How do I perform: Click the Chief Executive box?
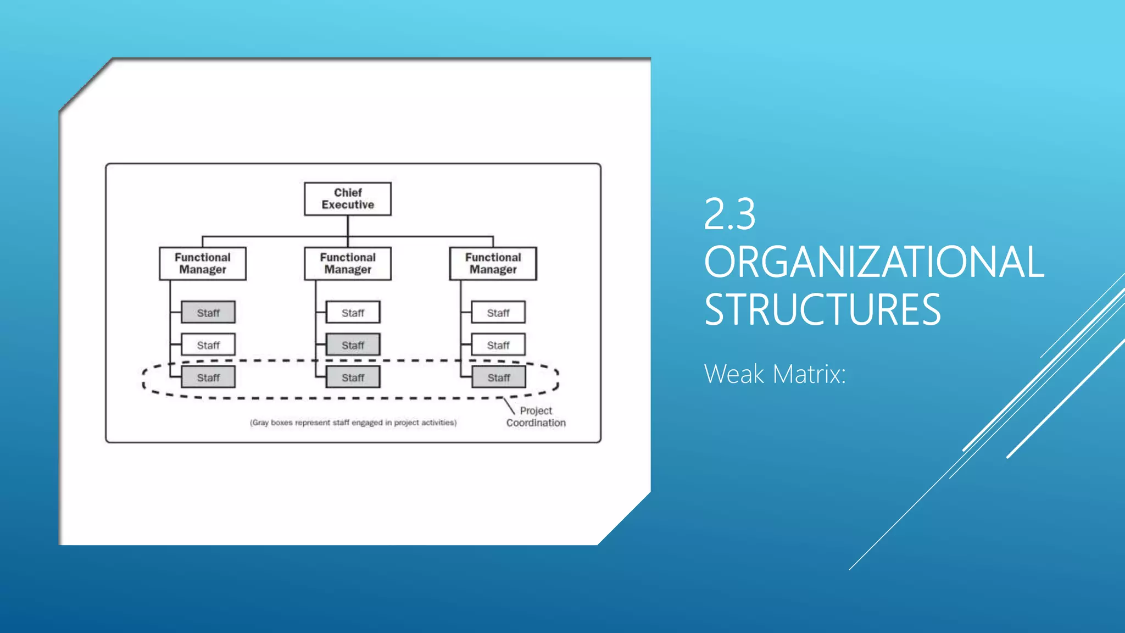[348, 199]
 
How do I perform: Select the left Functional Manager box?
[203, 264]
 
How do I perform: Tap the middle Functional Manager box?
[348, 264]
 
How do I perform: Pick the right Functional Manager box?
[493, 264]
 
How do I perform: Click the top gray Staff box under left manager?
[208, 313]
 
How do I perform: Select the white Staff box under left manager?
[208, 345]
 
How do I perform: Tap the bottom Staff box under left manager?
[208, 377]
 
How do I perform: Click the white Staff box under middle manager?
[353, 313]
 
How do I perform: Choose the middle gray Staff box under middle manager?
[353, 345]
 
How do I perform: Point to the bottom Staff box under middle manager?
[353, 377]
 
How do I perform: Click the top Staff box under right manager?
[498, 313]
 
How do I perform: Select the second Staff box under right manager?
[498, 345]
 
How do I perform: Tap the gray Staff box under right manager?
[498, 377]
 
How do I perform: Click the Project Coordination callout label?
[536, 417]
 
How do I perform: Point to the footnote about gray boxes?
[353, 423]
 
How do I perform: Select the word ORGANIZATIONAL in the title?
[873, 262]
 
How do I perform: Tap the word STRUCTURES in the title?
[822, 310]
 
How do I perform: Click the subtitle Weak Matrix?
[775, 374]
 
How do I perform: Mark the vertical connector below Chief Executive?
[348, 226]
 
